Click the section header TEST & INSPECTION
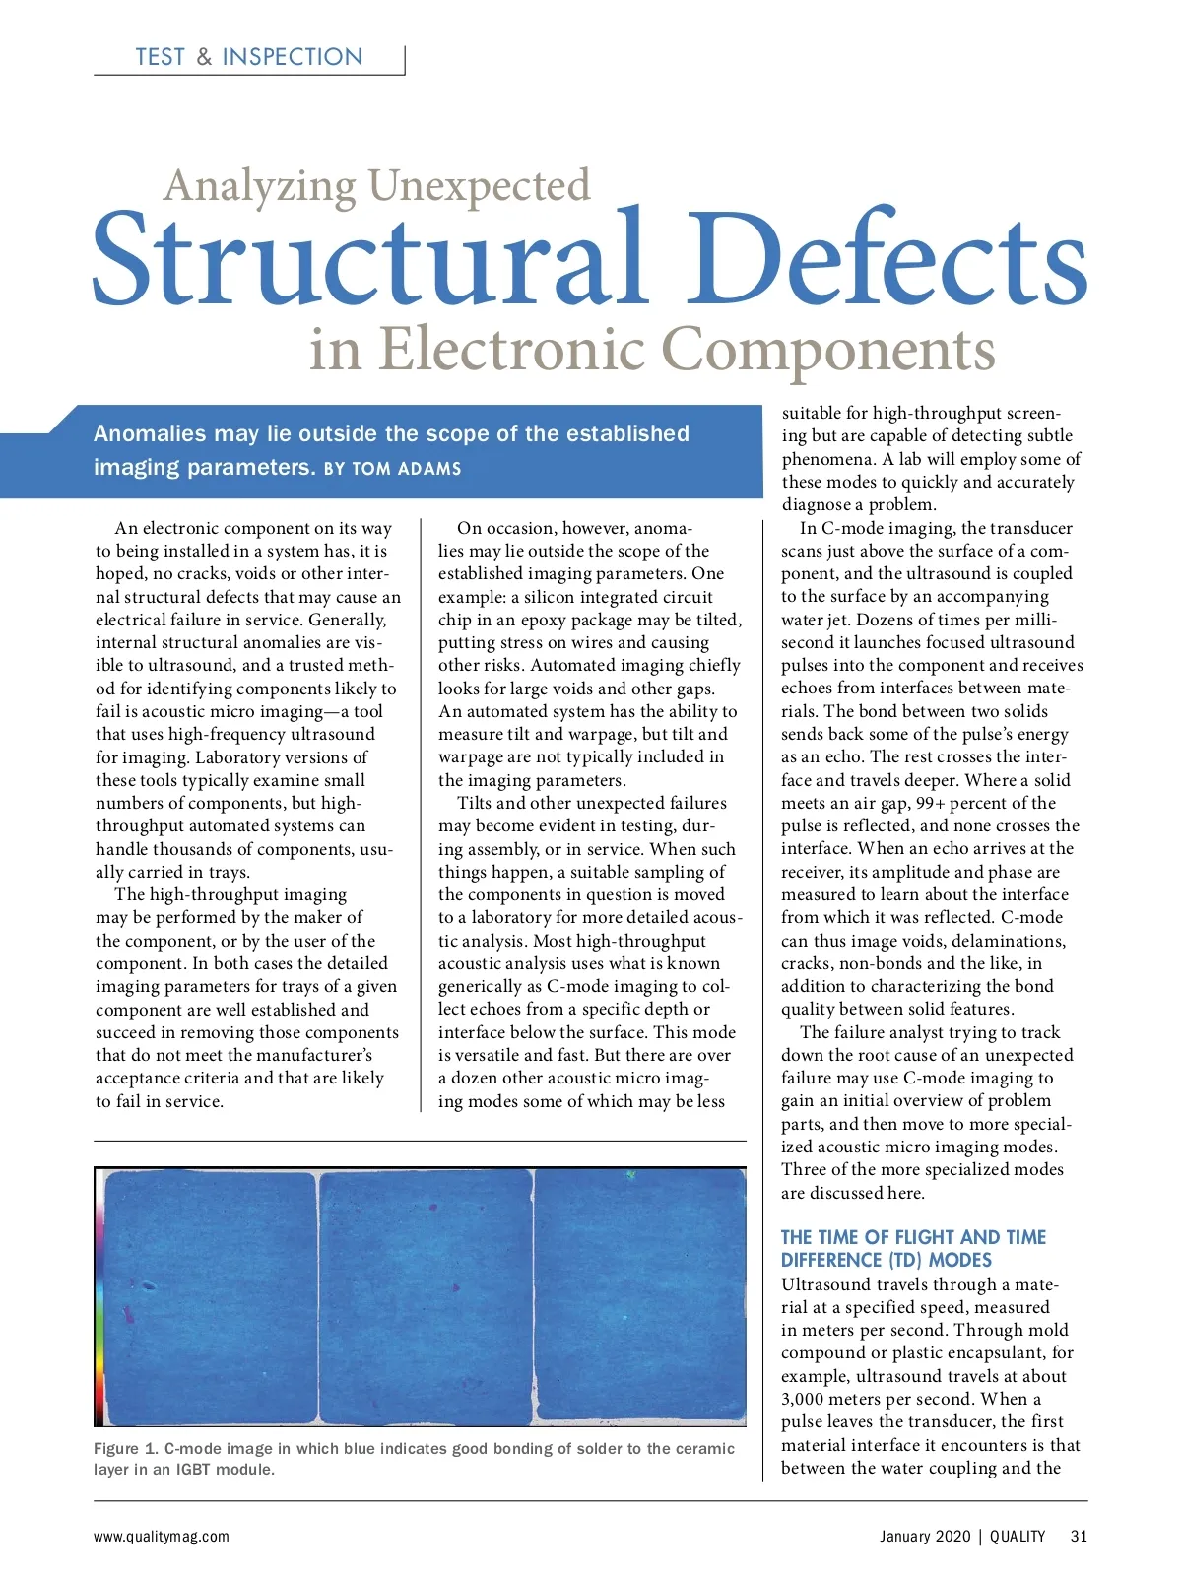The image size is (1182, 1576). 249,57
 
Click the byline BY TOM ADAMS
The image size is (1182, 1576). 393,469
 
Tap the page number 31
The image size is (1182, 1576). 1079,1536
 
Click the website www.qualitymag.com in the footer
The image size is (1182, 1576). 162,1536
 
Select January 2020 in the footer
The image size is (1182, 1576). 925,1536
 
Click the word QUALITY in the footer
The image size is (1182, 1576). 1018,1536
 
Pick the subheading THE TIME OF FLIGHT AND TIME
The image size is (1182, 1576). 913,1237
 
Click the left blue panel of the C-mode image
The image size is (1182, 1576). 211,1295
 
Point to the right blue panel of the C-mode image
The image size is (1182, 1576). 641,1295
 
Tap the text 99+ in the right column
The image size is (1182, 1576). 930,803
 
